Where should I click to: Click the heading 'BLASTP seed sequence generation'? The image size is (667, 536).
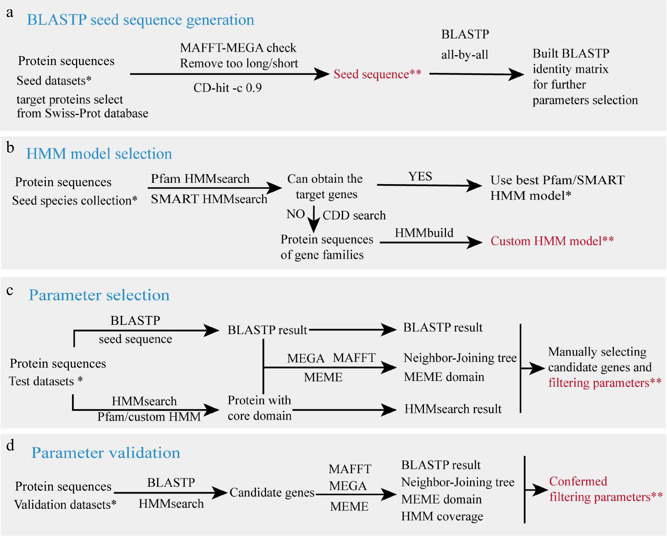pyautogui.click(x=140, y=20)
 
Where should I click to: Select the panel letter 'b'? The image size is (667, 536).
pyautogui.click(x=10, y=148)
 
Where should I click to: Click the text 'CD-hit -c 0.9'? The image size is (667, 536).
pyautogui.click(x=227, y=88)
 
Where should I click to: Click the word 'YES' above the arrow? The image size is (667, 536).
pyautogui.click(x=420, y=176)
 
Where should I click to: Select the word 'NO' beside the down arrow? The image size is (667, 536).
pyautogui.click(x=296, y=214)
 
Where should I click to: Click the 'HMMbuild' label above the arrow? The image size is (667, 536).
pyautogui.click(x=424, y=233)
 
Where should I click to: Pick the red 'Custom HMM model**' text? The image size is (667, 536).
pyautogui.click(x=552, y=241)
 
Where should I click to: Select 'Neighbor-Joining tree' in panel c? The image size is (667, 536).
pyautogui.click(x=460, y=358)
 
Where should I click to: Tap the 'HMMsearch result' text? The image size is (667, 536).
pyautogui.click(x=453, y=409)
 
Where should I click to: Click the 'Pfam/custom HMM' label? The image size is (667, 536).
pyautogui.click(x=149, y=417)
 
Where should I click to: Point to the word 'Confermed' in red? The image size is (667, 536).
pyautogui.click(x=578, y=481)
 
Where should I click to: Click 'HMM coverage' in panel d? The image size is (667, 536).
pyautogui.click(x=442, y=516)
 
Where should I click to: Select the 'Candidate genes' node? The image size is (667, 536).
pyautogui.click(x=272, y=492)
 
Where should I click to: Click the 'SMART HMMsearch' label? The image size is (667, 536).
pyautogui.click(x=209, y=199)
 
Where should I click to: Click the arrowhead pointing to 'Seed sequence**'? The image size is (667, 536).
pyautogui.click(x=322, y=74)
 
